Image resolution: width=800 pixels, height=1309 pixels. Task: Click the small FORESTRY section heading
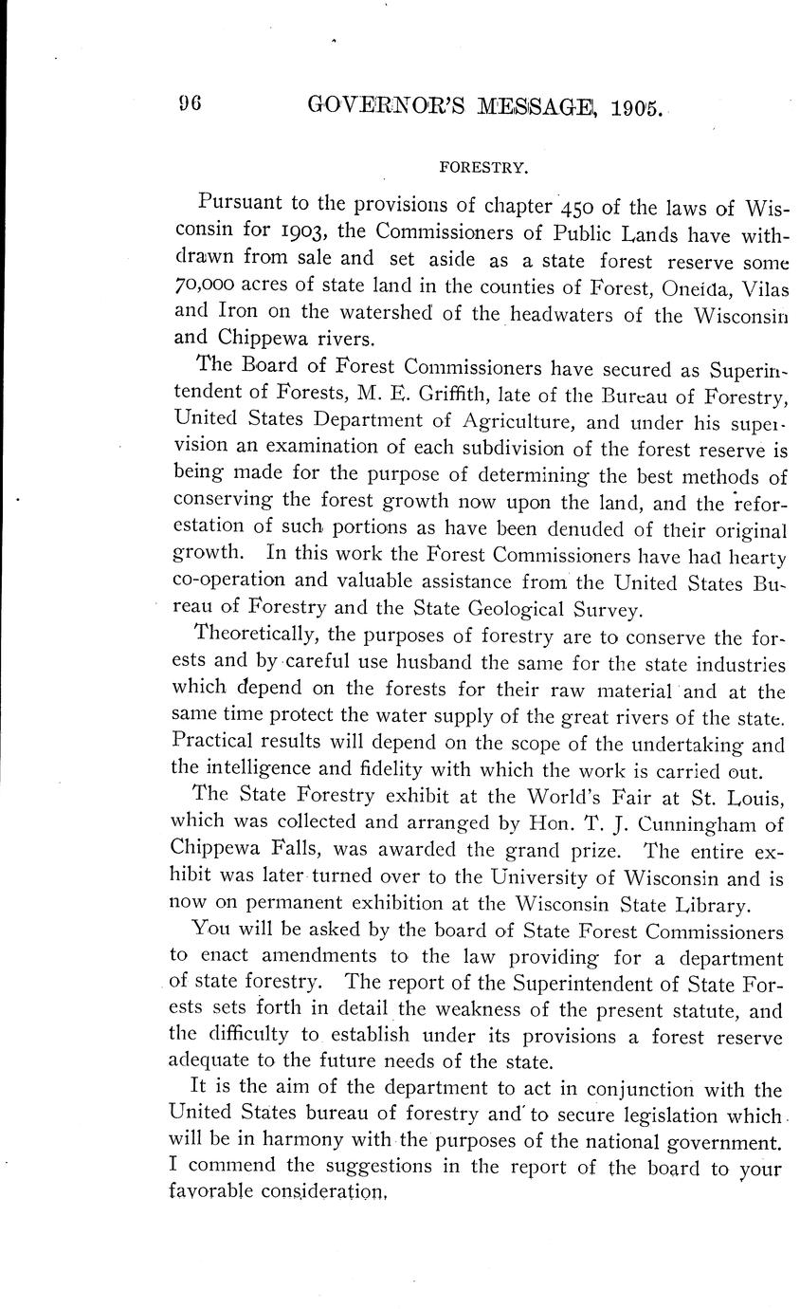483,168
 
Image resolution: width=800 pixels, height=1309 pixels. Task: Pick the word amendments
301,957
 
